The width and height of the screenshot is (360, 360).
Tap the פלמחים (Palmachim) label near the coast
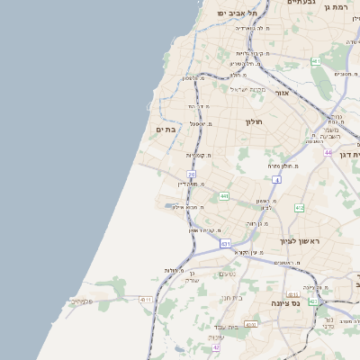[x=81, y=301]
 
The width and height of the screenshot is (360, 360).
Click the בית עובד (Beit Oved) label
[x=225, y=326]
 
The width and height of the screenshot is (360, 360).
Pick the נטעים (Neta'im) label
[x=227, y=274]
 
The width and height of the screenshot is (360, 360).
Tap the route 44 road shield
[x=328, y=153]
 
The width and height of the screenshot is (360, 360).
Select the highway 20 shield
[x=191, y=174]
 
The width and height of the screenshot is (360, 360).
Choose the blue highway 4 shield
[x=278, y=179]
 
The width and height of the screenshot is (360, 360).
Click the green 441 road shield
[x=223, y=196]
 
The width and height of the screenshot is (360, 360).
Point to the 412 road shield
[x=299, y=208]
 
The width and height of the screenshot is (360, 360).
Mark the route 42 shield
[x=312, y=301]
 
